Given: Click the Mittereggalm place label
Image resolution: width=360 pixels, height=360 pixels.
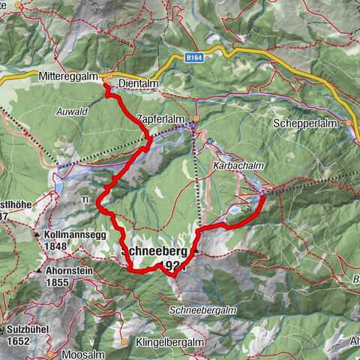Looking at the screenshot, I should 70,76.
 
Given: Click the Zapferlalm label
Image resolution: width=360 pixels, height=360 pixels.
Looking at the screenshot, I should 160,118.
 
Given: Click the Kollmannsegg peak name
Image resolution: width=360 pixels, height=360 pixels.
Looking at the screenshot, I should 77,234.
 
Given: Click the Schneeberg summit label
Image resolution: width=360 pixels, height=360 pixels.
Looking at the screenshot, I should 154,253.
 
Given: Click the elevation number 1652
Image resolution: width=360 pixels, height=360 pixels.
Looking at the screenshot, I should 18,340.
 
